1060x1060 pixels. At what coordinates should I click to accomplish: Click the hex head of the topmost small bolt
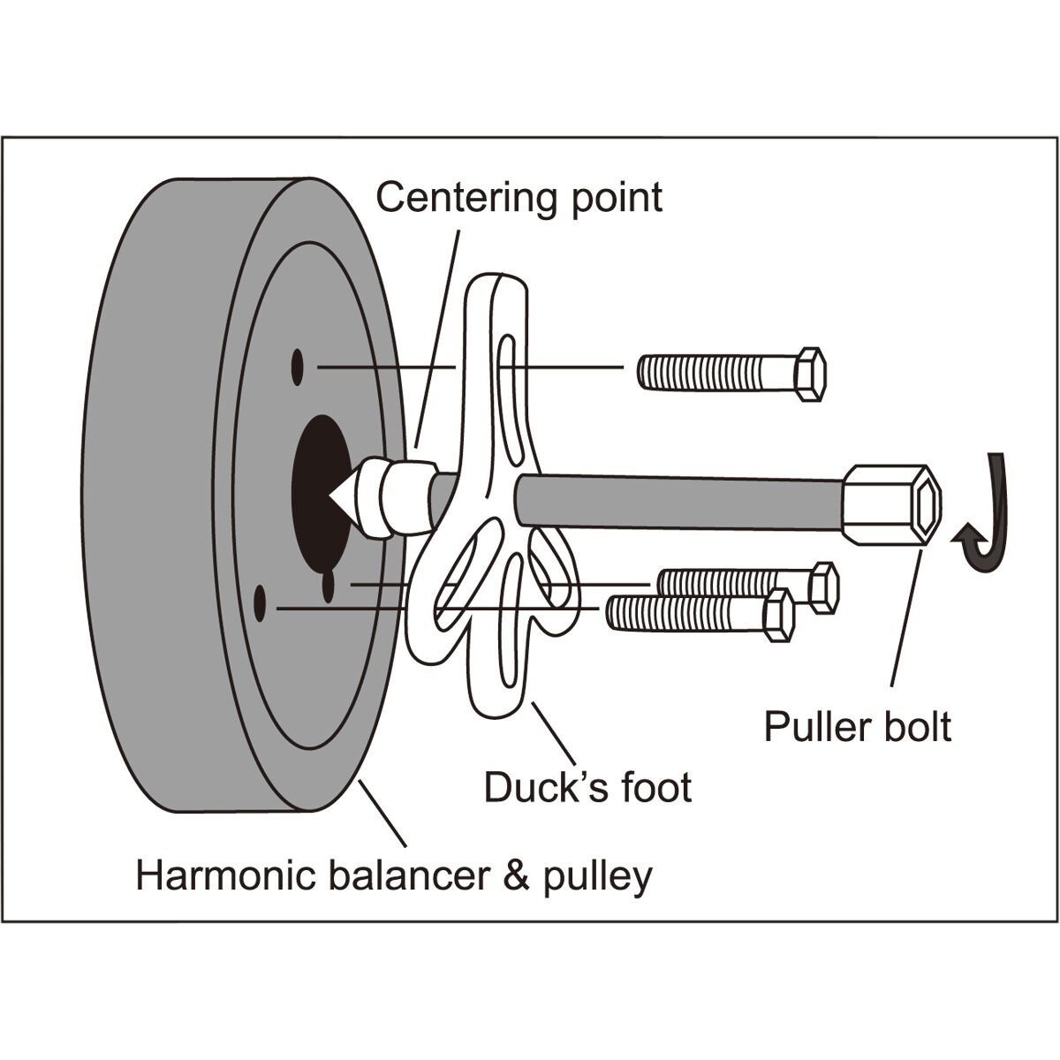pos(809,374)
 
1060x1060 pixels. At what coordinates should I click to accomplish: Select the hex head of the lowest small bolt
pos(777,615)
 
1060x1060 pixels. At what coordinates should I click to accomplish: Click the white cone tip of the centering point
pos(341,498)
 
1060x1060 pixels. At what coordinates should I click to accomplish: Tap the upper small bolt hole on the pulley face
pos(298,364)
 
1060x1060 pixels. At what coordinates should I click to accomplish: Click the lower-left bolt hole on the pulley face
pos(260,603)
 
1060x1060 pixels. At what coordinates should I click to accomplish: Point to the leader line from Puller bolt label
pos(905,618)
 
